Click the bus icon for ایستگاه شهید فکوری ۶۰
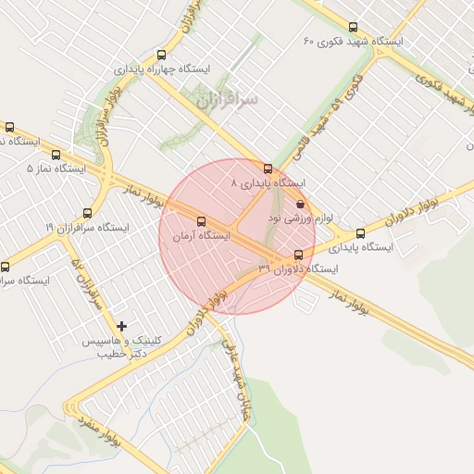point(352,28)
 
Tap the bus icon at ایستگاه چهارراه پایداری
point(162,56)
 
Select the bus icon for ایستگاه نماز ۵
point(57,156)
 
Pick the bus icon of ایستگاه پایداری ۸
point(268,169)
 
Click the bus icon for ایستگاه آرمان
point(202,221)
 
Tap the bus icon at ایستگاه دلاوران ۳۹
point(298,255)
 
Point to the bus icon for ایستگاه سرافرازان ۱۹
point(87,214)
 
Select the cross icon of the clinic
point(121,325)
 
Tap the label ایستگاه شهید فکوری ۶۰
point(355,43)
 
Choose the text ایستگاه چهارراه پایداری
point(163,69)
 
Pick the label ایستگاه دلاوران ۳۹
point(299,268)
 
